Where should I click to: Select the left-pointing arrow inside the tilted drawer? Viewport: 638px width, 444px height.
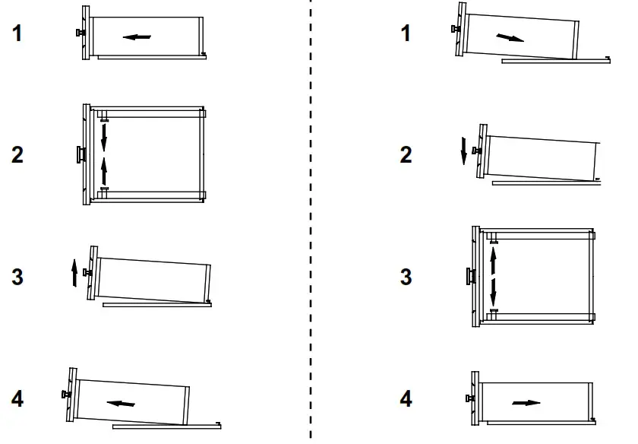coord(121,403)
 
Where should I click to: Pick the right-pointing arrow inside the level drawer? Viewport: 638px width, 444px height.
coord(526,402)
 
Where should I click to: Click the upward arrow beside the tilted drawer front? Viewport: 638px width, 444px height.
coord(74,272)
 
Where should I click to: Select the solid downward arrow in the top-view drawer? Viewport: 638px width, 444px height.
coord(104,137)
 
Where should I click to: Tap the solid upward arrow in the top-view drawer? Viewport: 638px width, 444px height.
coord(104,168)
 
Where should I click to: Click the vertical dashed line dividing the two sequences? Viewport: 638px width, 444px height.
coord(311,220)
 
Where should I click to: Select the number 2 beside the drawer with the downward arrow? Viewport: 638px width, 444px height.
coord(406,155)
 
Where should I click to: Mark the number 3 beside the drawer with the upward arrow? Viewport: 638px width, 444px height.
coord(17,277)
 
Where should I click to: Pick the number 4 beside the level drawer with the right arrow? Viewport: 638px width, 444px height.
coord(406,398)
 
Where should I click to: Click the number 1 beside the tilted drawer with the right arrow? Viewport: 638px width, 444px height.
coord(406,33)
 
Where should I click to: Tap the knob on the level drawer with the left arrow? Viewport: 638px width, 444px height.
coord(79,33)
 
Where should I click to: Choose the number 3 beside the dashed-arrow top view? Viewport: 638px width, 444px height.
coord(406,277)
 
